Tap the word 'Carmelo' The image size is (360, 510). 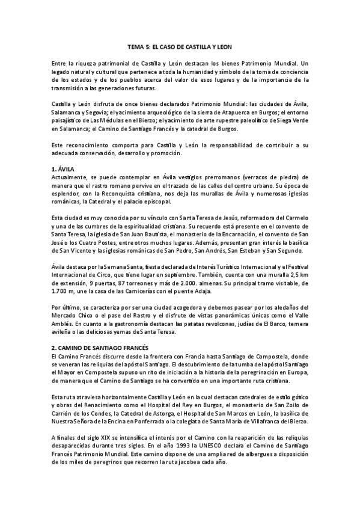[x=294, y=218]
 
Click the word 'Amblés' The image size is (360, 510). [x=63, y=323]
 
